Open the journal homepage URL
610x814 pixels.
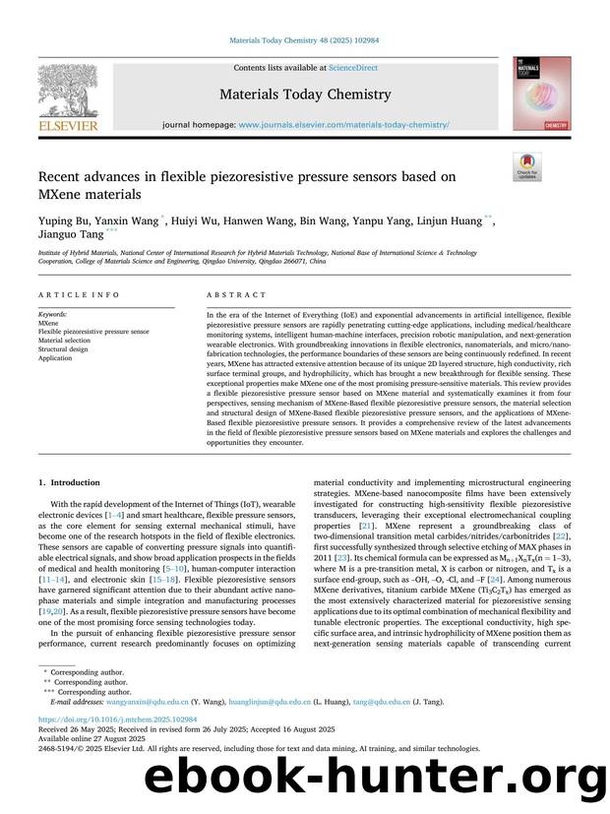click(343, 125)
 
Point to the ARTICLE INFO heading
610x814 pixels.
click(79, 294)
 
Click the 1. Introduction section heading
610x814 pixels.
click(68, 482)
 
